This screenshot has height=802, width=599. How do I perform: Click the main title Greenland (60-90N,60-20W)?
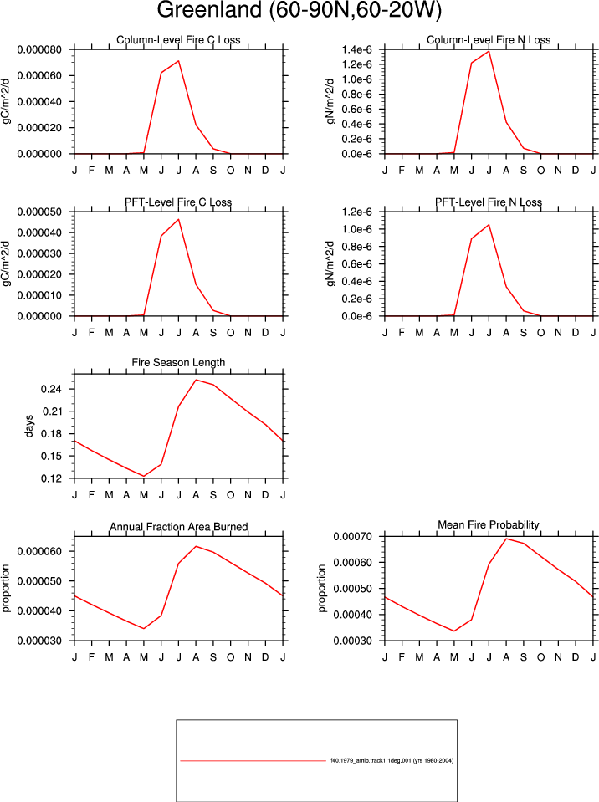[x=299, y=10]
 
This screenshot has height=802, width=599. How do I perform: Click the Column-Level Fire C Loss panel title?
[x=178, y=40]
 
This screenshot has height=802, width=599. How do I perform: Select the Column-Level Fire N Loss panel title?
[x=489, y=40]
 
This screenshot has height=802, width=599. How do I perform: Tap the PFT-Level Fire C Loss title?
[x=178, y=202]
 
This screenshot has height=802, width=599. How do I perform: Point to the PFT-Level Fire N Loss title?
[x=489, y=202]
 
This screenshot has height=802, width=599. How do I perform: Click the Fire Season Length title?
[x=178, y=363]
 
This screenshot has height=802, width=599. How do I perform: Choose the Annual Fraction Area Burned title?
[x=178, y=527]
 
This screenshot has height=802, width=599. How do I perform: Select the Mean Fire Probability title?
[x=489, y=525]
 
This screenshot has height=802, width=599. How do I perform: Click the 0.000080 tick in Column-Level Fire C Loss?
[x=39, y=49]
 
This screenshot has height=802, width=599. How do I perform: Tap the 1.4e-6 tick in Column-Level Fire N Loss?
[x=356, y=49]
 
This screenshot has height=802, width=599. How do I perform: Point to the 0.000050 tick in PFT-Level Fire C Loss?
[x=39, y=212]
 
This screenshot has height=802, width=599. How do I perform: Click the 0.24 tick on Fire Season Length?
[x=51, y=389]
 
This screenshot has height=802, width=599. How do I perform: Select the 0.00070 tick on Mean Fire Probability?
[x=353, y=537]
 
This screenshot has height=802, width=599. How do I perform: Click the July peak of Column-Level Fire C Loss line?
[x=178, y=61]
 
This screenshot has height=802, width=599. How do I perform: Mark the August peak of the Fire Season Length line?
[x=196, y=380]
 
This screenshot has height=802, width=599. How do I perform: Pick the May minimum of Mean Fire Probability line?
[x=454, y=631]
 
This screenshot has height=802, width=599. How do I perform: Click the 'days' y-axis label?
[x=28, y=426]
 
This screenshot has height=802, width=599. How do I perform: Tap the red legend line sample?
[x=253, y=760]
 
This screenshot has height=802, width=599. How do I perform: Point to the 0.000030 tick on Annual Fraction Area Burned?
[x=39, y=641]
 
